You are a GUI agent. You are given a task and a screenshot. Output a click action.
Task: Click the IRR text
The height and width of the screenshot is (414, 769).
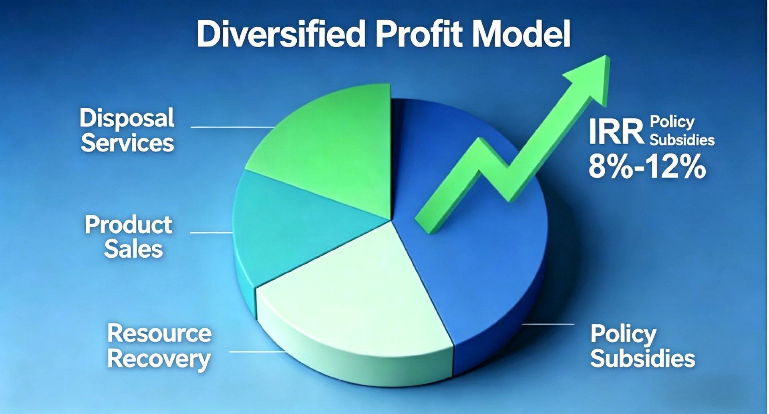coord(616,132)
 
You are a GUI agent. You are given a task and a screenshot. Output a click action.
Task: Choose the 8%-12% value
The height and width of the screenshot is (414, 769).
coord(647,166)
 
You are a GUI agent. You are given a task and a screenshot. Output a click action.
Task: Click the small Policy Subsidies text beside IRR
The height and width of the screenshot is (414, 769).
coord(682,131)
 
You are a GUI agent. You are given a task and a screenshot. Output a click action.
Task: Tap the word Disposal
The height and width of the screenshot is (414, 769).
coord(127,118)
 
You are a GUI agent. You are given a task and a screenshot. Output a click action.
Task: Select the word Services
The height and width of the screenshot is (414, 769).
coord(127,143)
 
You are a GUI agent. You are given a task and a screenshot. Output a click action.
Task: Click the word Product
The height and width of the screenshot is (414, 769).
coord(129,225)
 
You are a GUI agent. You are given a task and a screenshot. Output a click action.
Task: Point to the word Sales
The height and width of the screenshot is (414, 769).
coord(133,249)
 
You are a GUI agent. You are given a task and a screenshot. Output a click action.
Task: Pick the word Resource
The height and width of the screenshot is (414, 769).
coord(159,333)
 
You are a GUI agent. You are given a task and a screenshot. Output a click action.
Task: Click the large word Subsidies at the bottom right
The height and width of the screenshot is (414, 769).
coord(642,358)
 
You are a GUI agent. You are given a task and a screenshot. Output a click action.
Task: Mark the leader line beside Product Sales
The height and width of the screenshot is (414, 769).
coord(211,232)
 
